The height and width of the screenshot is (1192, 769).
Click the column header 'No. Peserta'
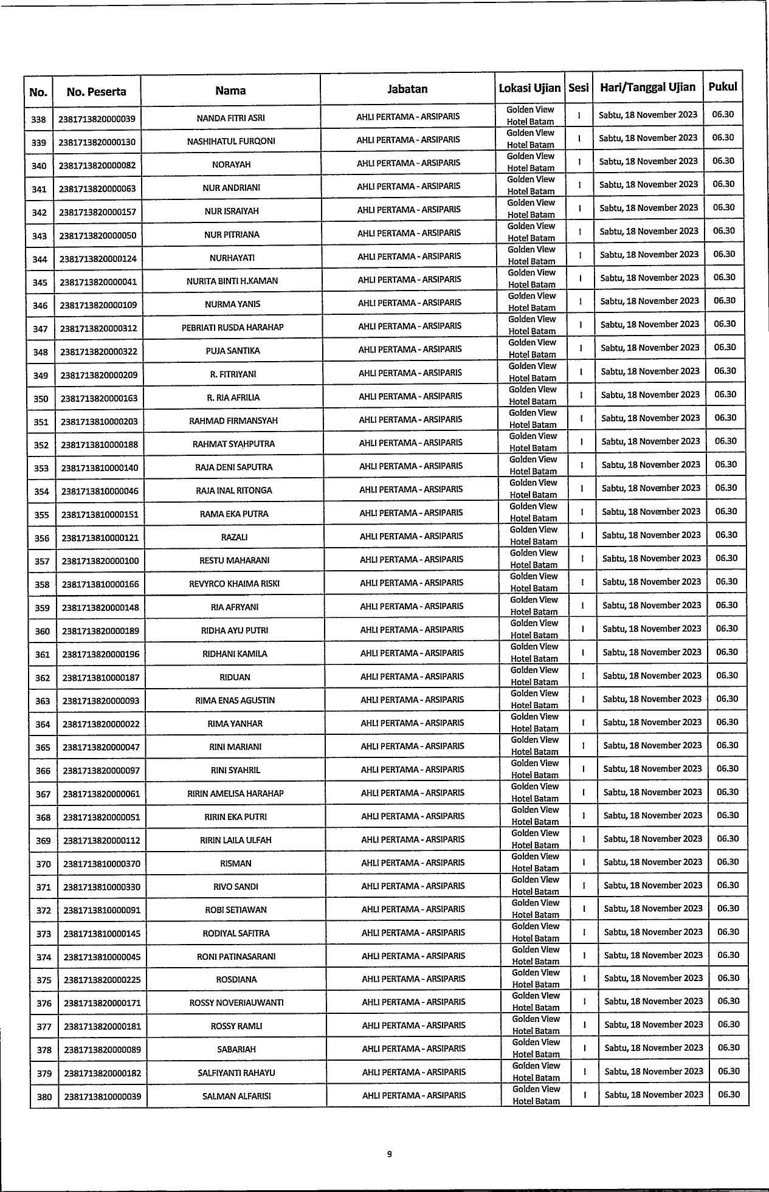tap(97, 92)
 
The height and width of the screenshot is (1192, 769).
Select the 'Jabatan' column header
tap(407, 89)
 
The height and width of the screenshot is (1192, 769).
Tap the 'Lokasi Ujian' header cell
tap(529, 88)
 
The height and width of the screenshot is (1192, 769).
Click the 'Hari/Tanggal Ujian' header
tap(647, 87)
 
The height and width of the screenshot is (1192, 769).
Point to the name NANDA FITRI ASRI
tap(230, 118)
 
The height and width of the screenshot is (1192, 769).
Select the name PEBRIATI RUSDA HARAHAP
tap(232, 328)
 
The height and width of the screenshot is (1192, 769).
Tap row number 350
tap(41, 399)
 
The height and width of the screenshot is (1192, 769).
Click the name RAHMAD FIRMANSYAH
tap(233, 421)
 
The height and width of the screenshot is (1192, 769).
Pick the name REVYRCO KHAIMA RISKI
tap(235, 584)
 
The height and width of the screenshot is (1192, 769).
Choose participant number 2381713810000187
tap(101, 678)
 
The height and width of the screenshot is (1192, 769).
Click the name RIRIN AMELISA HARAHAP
tap(235, 794)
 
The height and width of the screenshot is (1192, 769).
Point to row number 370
tap(43, 864)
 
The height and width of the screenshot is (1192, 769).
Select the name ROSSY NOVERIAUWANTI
tap(236, 1003)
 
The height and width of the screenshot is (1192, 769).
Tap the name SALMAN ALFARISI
tap(236, 1097)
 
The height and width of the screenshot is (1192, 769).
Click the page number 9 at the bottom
tap(389, 1155)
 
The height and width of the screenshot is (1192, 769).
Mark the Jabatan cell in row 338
tap(408, 117)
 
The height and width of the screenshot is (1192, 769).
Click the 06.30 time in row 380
tap(729, 1094)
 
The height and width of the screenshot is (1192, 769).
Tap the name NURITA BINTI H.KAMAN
tap(232, 281)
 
